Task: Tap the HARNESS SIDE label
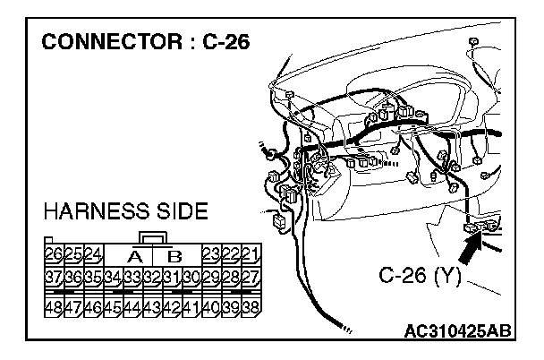(125, 212)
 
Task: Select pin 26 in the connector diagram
(53, 253)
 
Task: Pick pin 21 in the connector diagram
(251, 253)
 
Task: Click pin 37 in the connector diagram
(53, 276)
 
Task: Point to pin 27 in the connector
(251, 276)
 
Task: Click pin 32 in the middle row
(152, 276)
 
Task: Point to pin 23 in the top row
(211, 253)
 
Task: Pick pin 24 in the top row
(92, 253)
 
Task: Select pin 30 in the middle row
(191, 276)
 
